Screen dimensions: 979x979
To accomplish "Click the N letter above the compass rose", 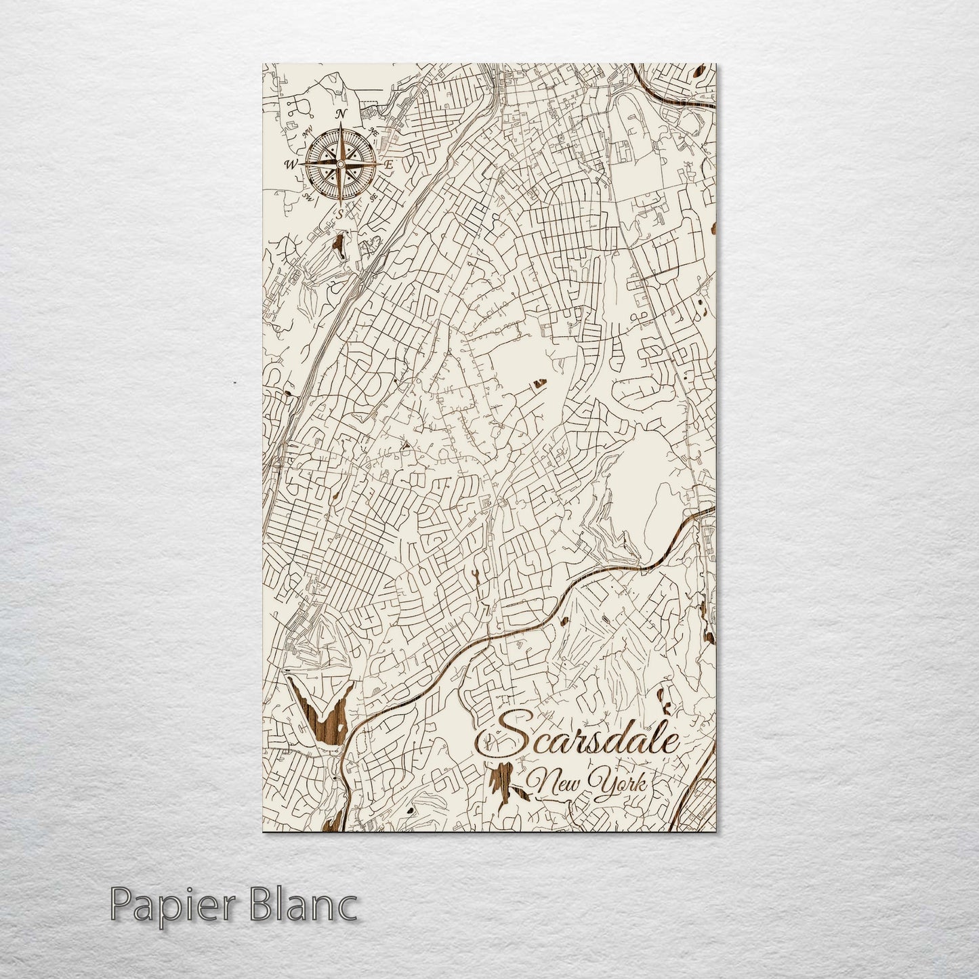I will click(342, 112).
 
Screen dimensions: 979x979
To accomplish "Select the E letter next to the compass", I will click(389, 165).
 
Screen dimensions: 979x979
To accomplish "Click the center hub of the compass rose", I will click(340, 163).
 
